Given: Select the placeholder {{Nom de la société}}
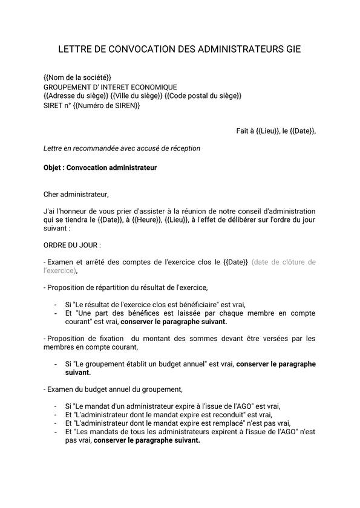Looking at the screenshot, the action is click(x=77, y=79).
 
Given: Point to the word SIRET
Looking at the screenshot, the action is click(x=53, y=105).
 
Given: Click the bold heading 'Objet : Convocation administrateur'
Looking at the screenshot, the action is click(x=100, y=168).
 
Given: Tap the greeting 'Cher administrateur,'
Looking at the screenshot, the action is click(x=76, y=194).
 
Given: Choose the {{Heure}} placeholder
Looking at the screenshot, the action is click(x=146, y=221).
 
